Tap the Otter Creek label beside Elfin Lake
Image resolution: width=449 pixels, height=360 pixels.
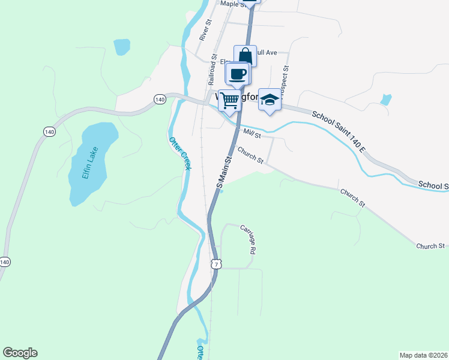[180, 154]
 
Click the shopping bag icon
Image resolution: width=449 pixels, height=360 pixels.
[245, 56]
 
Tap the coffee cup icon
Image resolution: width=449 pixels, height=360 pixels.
[238, 74]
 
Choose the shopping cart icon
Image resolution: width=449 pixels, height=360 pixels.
[229, 100]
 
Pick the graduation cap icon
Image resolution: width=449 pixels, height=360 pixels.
[270, 100]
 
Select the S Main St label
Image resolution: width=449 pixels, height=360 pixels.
[224, 172]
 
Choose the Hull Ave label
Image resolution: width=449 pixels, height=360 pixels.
[265, 53]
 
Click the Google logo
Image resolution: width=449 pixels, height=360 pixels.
[20, 353]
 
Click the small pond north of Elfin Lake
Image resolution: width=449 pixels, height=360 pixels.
[122, 46]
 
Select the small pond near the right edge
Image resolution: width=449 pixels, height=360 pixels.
[386, 100]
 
